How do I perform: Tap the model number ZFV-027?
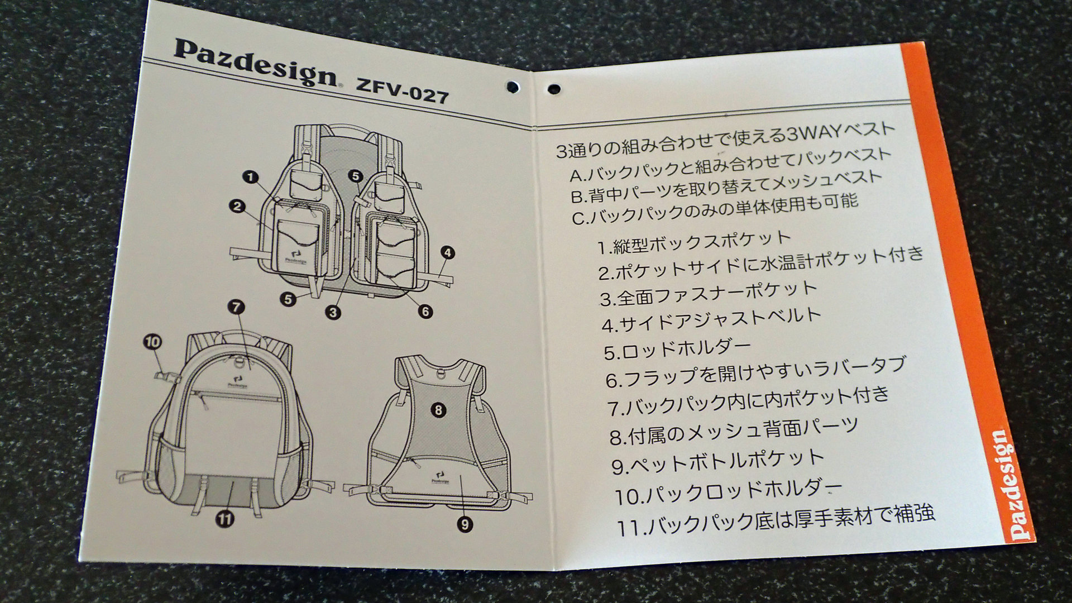pyautogui.click(x=402, y=93)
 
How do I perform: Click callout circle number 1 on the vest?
pyautogui.click(x=251, y=178)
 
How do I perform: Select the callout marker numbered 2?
pyautogui.click(x=237, y=207)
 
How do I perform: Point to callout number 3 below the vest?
pyautogui.click(x=333, y=312)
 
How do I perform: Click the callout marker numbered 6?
pyautogui.click(x=425, y=311)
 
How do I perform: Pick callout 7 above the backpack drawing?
pyautogui.click(x=236, y=307)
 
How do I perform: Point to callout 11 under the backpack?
pyautogui.click(x=225, y=519)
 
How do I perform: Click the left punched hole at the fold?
pyautogui.click(x=512, y=86)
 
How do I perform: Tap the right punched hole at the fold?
pyautogui.click(x=554, y=89)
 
